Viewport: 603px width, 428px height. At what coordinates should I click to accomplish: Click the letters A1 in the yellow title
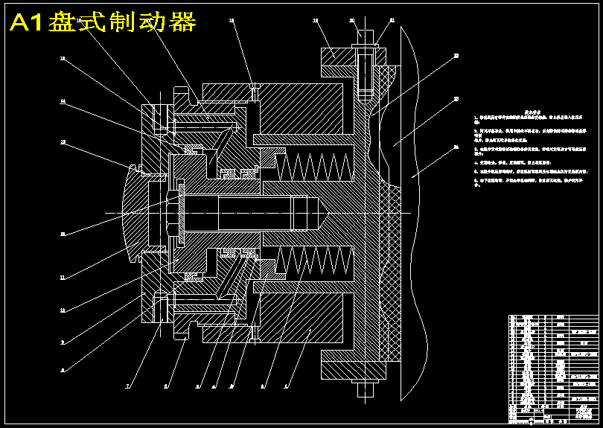click(27, 23)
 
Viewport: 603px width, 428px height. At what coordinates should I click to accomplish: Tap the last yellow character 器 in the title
click(182, 22)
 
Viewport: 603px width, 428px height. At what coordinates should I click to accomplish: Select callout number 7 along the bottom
click(127, 387)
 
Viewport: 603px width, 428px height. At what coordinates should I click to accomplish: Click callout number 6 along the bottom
click(166, 387)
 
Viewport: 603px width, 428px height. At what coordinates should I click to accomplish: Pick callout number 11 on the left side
click(63, 278)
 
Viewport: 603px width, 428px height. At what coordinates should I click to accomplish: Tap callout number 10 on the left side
click(63, 310)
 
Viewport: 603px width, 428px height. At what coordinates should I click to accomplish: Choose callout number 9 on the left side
click(63, 342)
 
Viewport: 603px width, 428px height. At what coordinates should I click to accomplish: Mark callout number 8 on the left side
click(63, 369)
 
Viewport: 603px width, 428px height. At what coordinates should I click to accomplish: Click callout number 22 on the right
click(456, 55)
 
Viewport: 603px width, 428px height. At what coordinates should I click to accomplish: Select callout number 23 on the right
click(456, 98)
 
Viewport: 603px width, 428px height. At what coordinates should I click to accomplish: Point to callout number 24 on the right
click(456, 147)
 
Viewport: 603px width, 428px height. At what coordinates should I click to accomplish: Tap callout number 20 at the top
click(353, 21)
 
